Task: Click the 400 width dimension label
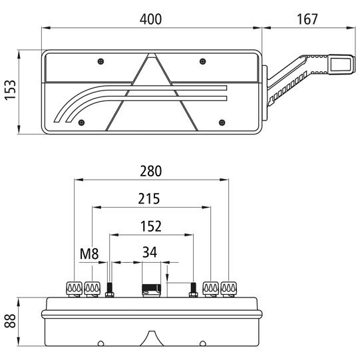(151, 19)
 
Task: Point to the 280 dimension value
(151, 171)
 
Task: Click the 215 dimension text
(151, 199)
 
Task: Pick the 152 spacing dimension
(151, 226)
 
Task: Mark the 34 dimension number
(151, 253)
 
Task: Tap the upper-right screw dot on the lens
(202, 61)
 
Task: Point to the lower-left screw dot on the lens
(81, 122)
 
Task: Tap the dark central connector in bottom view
(150, 288)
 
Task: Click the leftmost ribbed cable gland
(73, 288)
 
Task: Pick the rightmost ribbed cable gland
(230, 288)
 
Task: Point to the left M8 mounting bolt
(110, 290)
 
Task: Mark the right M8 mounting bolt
(194, 290)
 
